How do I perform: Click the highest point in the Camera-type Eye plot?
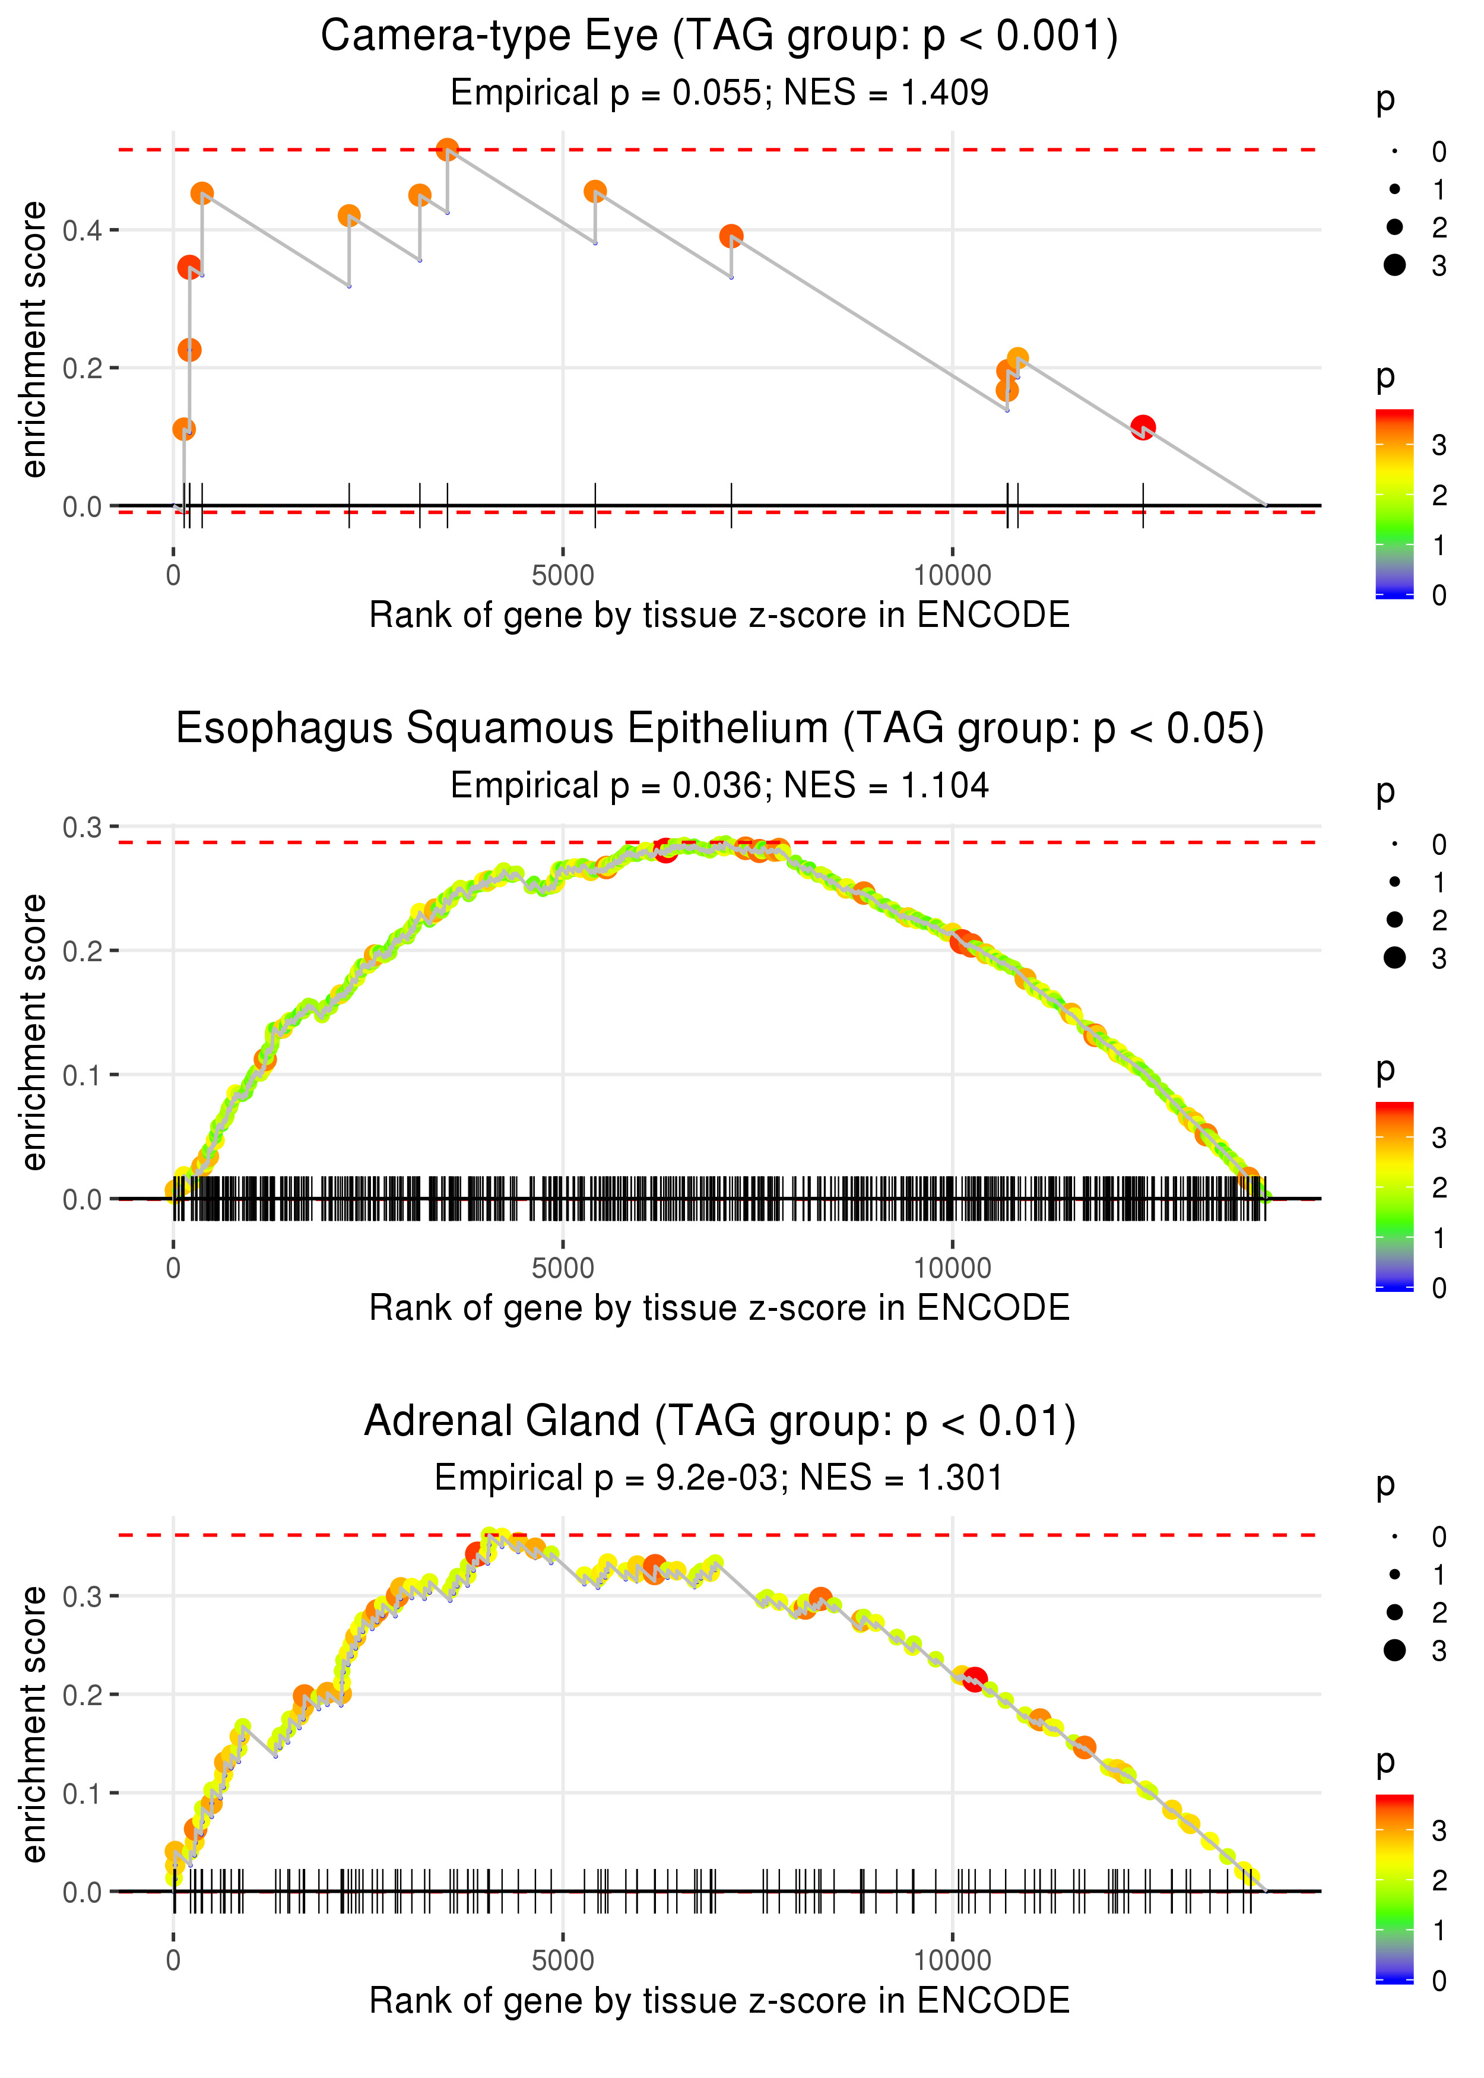coord(447,149)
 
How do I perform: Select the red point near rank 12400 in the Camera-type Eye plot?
coord(1142,427)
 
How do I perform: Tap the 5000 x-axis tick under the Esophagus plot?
coord(562,1268)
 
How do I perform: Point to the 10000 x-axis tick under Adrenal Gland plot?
coord(952,1960)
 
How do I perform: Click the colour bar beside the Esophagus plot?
coord(1394,1196)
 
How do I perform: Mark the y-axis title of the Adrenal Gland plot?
coord(34,1724)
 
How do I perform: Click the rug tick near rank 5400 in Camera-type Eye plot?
coord(595,505)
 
